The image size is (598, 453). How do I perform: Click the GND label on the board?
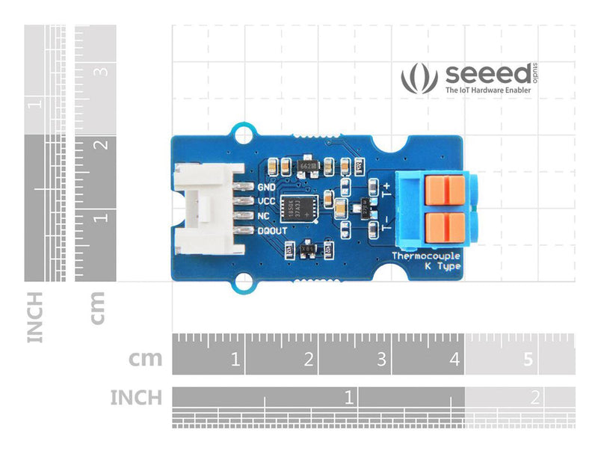(x=266, y=187)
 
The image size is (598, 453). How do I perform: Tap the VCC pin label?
(x=266, y=201)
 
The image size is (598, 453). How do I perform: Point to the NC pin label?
(x=263, y=216)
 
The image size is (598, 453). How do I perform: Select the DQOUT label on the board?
(x=273, y=231)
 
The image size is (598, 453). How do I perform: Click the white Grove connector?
(x=203, y=209)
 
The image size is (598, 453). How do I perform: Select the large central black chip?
(x=298, y=207)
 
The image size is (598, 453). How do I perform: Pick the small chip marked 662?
(x=305, y=163)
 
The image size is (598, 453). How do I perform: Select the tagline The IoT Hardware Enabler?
(x=488, y=90)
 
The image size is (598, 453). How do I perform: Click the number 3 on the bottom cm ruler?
(x=382, y=360)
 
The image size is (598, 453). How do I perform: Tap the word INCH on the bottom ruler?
(x=135, y=397)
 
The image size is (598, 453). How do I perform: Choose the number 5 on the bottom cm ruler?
(x=528, y=360)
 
